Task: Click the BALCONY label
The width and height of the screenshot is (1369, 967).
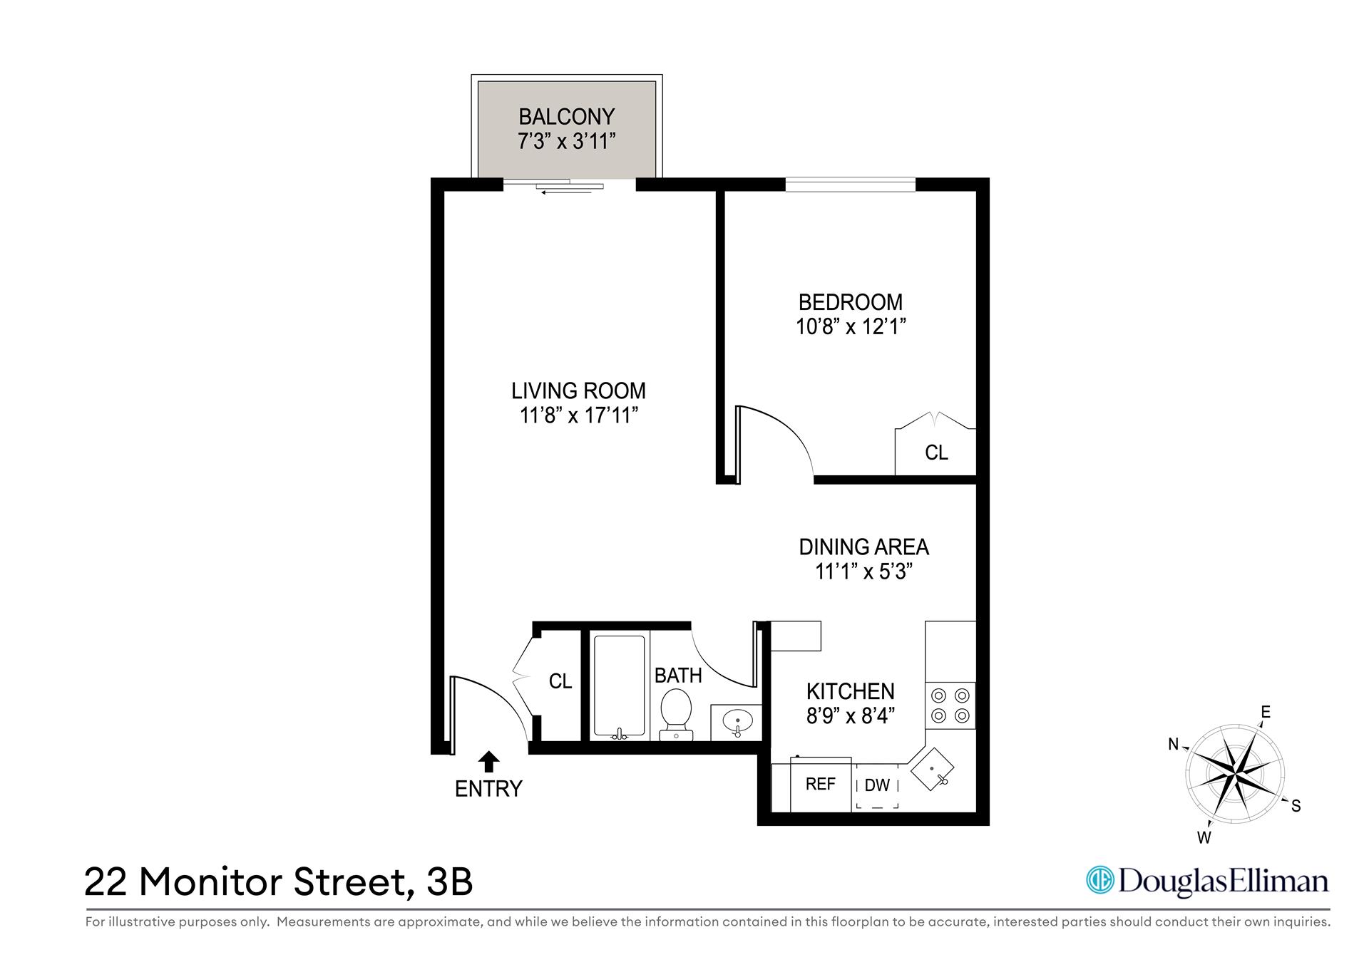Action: tap(566, 116)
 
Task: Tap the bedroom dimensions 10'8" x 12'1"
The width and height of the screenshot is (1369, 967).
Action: tap(850, 327)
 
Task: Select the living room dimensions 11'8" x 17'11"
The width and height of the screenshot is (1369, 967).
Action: tap(578, 415)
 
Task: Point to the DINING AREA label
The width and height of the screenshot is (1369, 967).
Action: tap(863, 547)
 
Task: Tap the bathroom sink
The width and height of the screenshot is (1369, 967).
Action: tap(737, 723)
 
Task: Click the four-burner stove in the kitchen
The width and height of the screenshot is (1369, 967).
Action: tap(950, 705)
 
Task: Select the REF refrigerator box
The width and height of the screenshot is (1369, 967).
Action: tap(821, 785)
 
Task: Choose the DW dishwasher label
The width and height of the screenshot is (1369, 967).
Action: tap(877, 785)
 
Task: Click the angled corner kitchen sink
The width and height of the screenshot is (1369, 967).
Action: tap(932, 770)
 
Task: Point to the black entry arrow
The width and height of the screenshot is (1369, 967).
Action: tap(488, 761)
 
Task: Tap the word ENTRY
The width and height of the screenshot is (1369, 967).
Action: tap(488, 789)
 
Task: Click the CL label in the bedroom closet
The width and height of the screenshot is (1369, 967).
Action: tap(936, 453)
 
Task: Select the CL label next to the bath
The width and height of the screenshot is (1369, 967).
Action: tap(560, 681)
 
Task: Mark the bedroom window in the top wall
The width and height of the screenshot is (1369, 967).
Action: tap(850, 185)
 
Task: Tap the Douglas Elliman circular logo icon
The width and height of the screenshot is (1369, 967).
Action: tap(1099, 880)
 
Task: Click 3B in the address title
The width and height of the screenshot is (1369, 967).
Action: tap(449, 882)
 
